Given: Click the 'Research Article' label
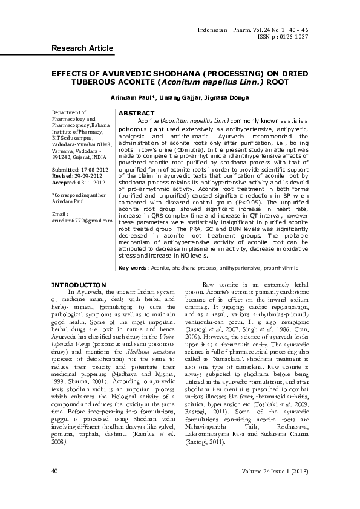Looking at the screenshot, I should point(82,48).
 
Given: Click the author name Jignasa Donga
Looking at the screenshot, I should point(231,98).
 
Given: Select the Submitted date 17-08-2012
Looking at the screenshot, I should point(88,170).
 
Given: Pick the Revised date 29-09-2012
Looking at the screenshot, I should point(87,176).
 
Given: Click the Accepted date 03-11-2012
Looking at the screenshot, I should point(89,182).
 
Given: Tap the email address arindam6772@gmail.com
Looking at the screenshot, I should point(82,221).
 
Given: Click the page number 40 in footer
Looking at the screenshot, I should point(55,470).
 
